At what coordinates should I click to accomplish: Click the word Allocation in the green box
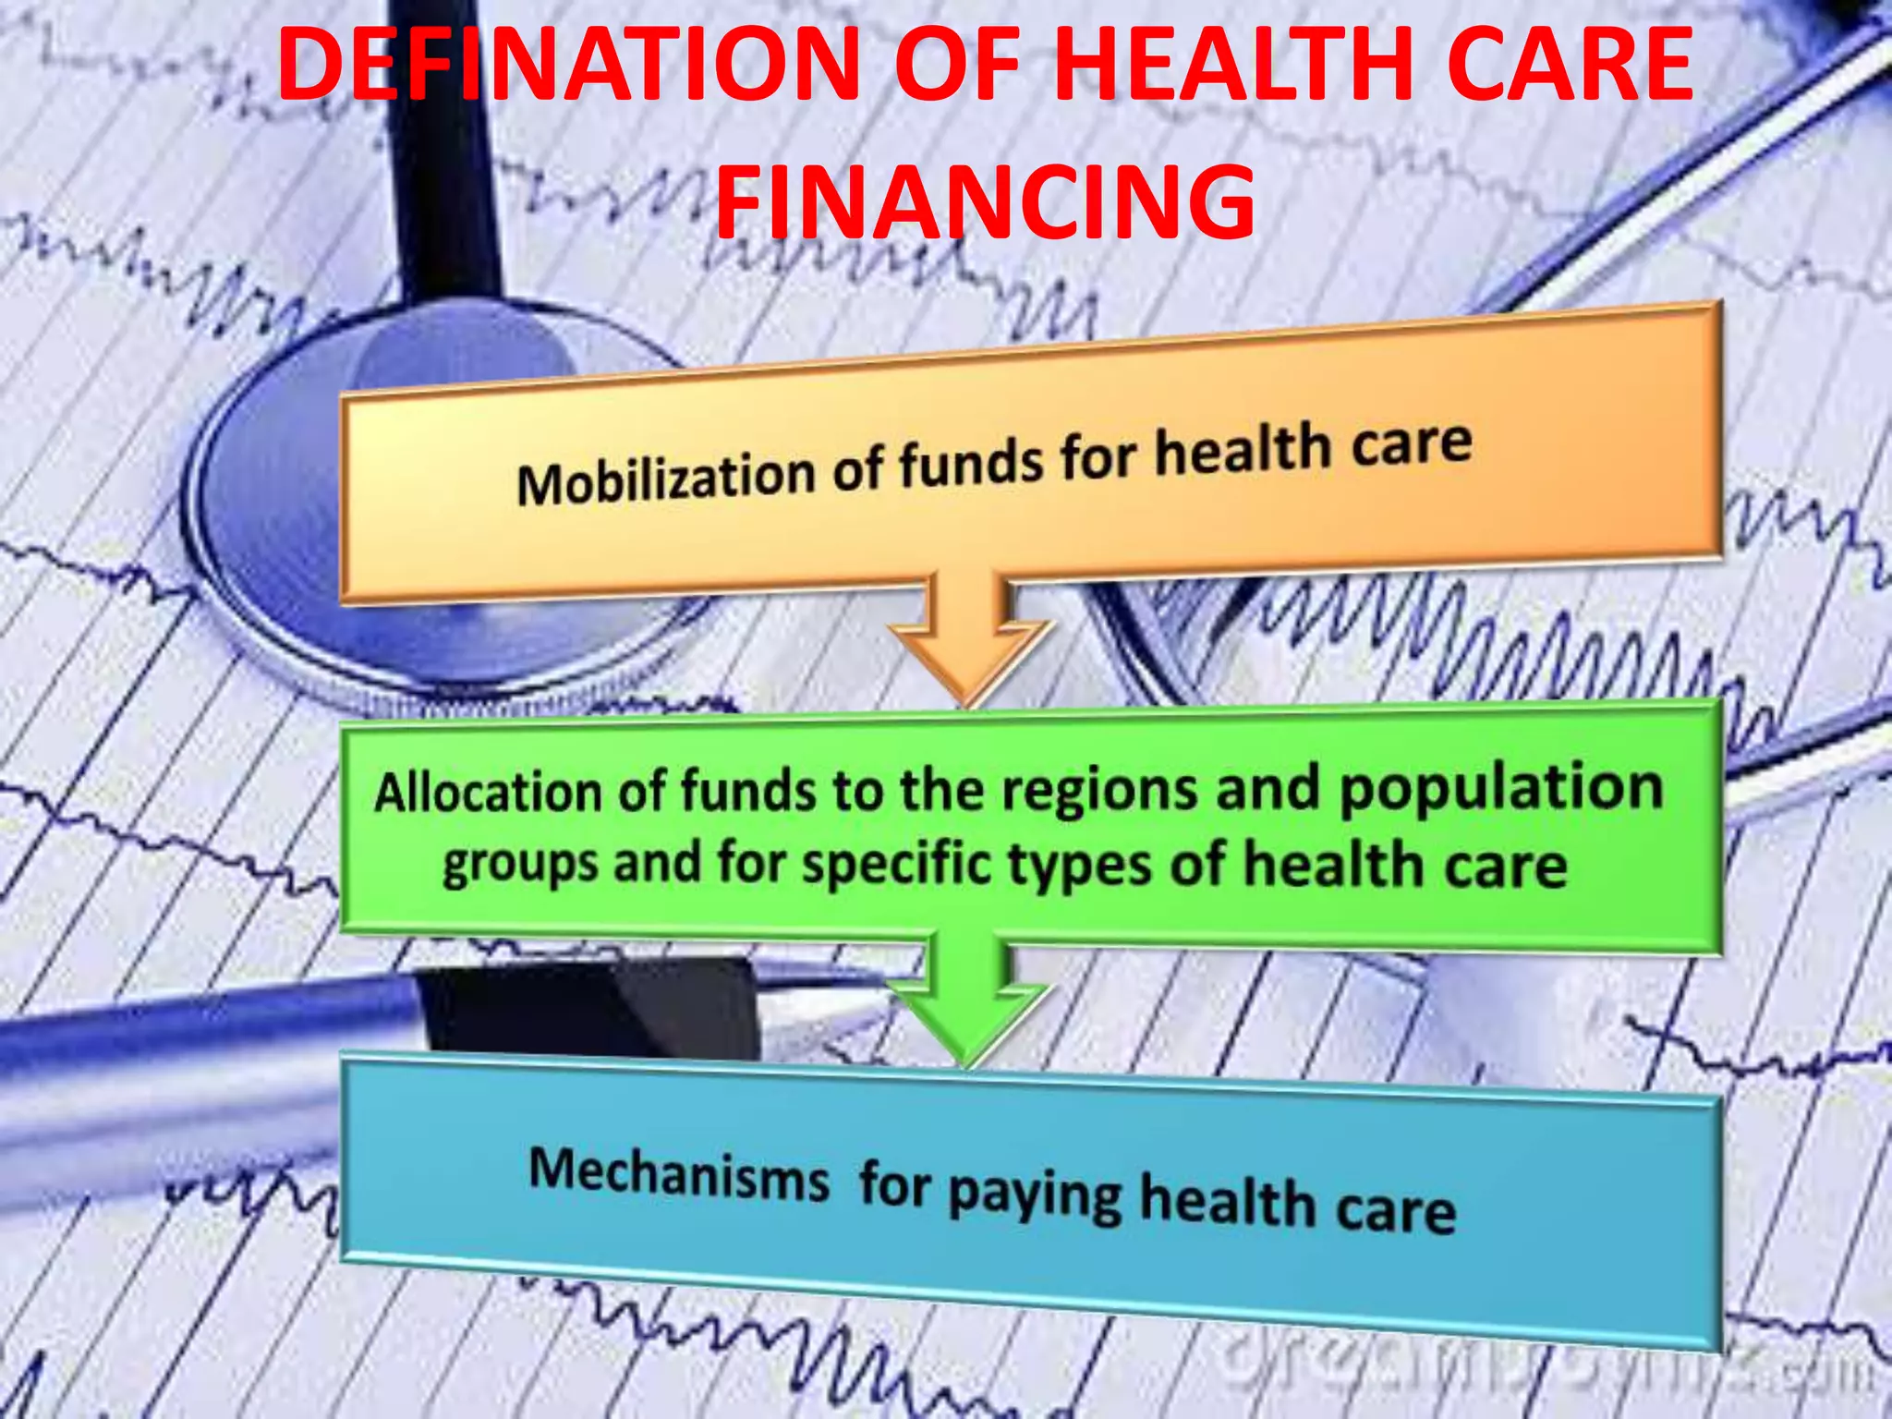click(x=488, y=793)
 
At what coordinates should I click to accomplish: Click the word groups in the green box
click(x=520, y=864)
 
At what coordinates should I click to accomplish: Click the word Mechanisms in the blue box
click(x=679, y=1175)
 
